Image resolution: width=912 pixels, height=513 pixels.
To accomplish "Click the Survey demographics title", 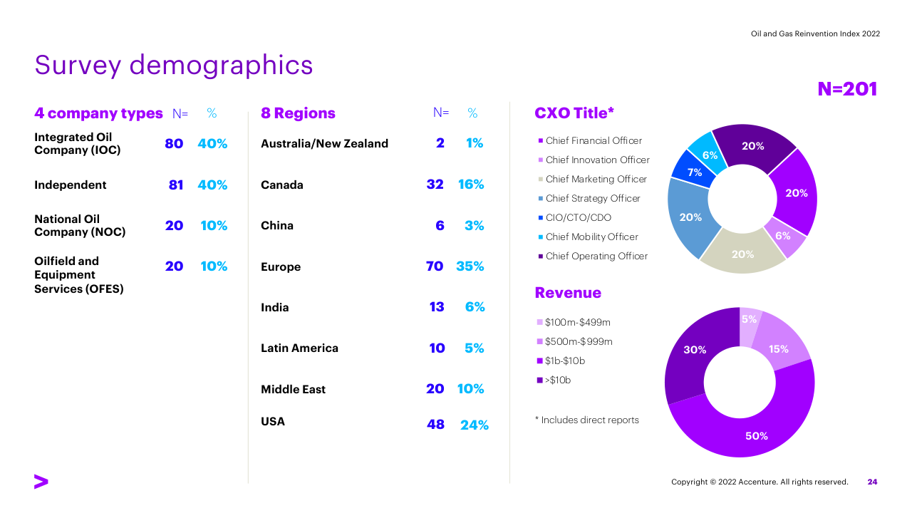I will pyautogui.click(x=173, y=65).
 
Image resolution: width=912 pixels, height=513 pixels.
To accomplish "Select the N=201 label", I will pyautogui.click(x=847, y=89).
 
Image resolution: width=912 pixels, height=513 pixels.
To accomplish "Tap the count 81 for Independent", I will pyautogui.click(x=176, y=185).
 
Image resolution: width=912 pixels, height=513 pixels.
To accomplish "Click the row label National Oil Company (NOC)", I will pyautogui.click(x=80, y=226).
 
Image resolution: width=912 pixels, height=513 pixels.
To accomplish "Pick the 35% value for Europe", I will pyautogui.click(x=470, y=266).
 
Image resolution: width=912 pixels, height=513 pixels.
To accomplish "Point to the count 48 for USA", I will pyautogui.click(x=435, y=425).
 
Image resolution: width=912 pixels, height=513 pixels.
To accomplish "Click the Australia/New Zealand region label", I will pyautogui.click(x=324, y=144).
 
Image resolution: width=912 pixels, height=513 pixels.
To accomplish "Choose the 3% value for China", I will pyautogui.click(x=474, y=226).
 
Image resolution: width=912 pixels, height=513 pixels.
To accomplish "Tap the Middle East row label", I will pyautogui.click(x=293, y=390).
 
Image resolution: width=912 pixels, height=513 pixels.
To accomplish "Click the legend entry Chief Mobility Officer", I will pyautogui.click(x=591, y=237).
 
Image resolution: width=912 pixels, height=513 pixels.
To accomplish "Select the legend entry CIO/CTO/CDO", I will pyautogui.click(x=578, y=218).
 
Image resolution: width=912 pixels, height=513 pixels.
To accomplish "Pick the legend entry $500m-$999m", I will pyautogui.click(x=578, y=342).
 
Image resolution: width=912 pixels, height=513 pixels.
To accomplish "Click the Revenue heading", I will pyautogui.click(x=568, y=293).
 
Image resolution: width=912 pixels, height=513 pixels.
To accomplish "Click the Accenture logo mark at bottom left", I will pyautogui.click(x=41, y=482).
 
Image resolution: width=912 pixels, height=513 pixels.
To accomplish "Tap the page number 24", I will pyautogui.click(x=872, y=482).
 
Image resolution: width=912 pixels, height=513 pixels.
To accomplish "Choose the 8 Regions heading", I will pyautogui.click(x=298, y=114).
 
